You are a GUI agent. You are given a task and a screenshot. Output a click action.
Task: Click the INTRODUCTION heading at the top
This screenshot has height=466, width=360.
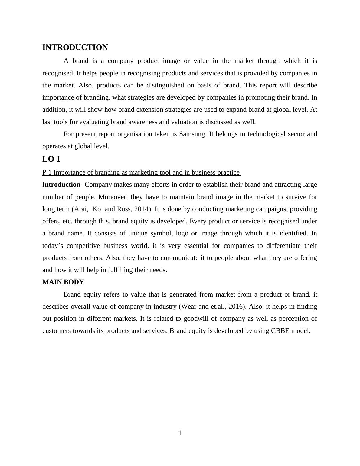tap(75, 48)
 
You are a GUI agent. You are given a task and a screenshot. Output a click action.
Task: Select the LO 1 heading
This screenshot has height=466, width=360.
tap(51, 159)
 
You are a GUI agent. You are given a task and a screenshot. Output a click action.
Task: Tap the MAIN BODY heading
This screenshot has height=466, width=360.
tap(63, 282)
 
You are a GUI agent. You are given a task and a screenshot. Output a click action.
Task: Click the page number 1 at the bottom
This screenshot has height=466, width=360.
tap(180, 433)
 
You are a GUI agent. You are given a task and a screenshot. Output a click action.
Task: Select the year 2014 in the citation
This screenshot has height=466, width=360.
tap(141, 209)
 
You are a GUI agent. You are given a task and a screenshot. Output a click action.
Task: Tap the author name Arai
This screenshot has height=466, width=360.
tap(81, 209)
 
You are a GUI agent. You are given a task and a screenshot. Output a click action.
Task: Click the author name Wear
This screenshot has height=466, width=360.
tap(189, 307)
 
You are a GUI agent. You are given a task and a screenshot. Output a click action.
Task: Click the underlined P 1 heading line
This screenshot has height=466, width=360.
tap(141, 172)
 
